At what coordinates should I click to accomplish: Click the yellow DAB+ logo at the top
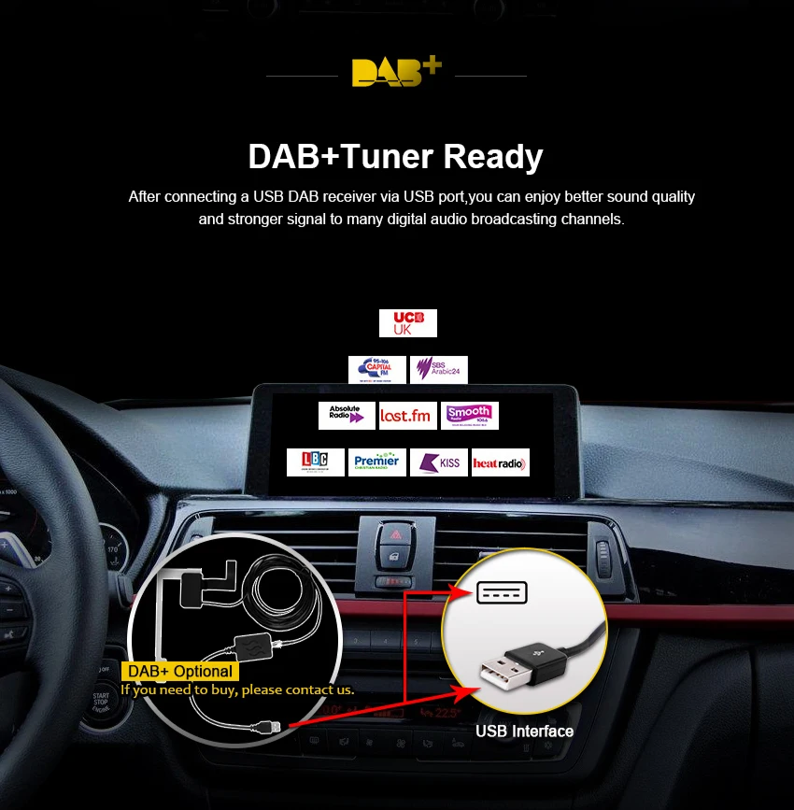396,72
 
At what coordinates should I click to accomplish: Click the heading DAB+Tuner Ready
396,156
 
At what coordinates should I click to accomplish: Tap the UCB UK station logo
408,323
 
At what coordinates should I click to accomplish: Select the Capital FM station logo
376,370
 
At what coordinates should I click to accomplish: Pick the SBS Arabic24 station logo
439,370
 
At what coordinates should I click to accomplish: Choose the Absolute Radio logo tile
347,416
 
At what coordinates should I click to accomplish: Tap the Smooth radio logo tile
470,416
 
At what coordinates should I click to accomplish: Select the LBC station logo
316,462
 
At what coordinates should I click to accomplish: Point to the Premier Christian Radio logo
377,462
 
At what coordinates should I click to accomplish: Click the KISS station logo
439,462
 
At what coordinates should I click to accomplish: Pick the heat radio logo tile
501,462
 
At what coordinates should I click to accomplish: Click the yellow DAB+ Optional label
179,671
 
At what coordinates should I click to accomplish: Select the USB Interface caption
524,732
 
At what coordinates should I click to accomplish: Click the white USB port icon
502,592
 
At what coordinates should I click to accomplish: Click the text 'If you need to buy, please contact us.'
237,690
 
